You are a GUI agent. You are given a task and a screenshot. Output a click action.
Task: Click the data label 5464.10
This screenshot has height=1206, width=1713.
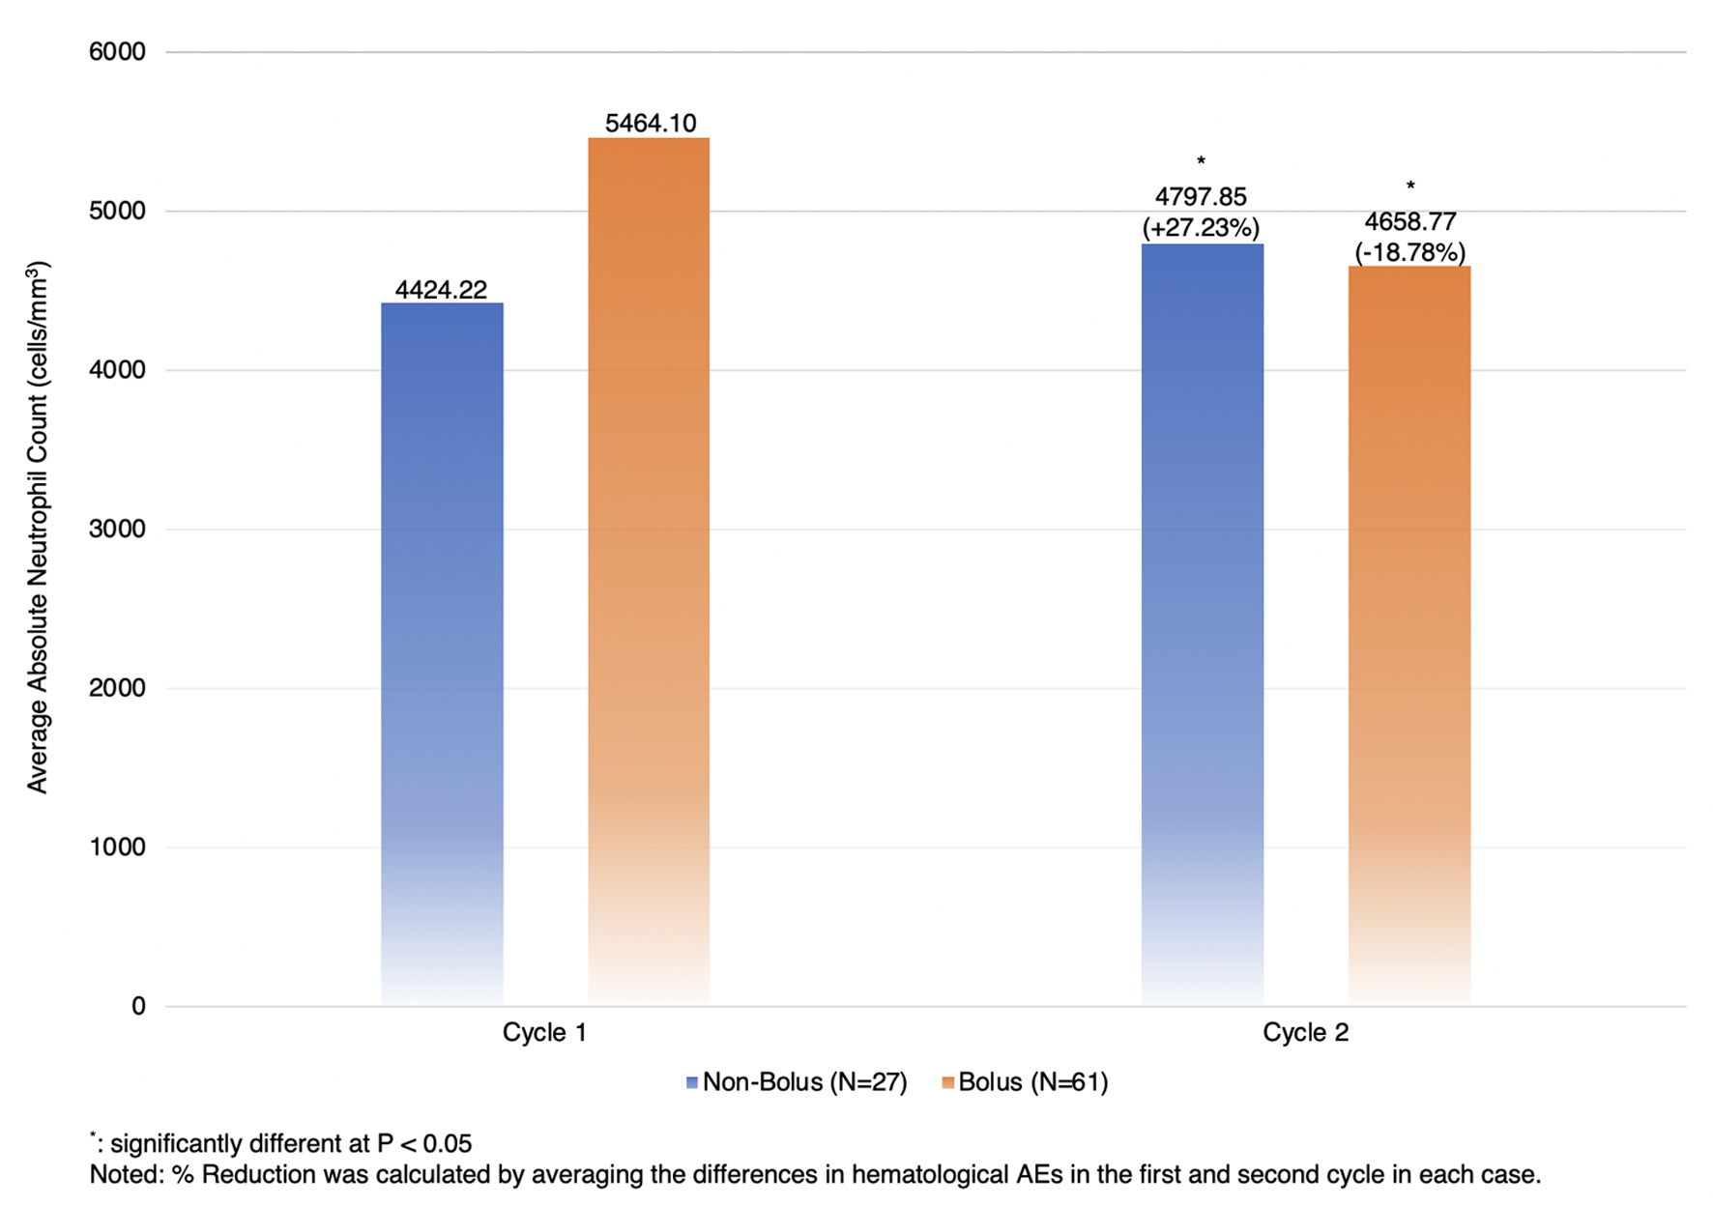(x=651, y=123)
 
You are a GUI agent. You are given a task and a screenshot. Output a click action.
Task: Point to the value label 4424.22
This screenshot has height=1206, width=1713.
(x=441, y=289)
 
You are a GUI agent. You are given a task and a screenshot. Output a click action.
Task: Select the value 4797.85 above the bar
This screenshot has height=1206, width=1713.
(x=1201, y=196)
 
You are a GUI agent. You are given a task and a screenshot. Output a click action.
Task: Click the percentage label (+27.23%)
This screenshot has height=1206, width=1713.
(x=1201, y=227)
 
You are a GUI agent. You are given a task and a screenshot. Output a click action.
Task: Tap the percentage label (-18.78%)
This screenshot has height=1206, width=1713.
(x=1409, y=252)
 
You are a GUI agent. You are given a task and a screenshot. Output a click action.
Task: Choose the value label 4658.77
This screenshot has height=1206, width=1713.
(x=1409, y=221)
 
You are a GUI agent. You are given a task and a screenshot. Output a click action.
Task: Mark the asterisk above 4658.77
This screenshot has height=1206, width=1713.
(x=1410, y=187)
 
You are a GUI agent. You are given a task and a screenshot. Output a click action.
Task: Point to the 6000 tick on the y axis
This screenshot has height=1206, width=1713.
(x=117, y=51)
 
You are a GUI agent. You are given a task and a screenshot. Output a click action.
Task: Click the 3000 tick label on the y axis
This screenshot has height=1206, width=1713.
(x=117, y=529)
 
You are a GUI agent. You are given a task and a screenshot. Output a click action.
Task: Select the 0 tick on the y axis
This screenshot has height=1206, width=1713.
(x=138, y=1006)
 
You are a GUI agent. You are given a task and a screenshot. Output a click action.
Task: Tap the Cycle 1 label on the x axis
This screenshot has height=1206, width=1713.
(x=544, y=1032)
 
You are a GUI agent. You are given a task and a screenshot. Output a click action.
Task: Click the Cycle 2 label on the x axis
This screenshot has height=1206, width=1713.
(x=1305, y=1032)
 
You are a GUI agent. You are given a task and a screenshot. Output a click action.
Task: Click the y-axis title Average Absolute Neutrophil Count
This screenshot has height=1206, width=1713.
(x=38, y=528)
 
